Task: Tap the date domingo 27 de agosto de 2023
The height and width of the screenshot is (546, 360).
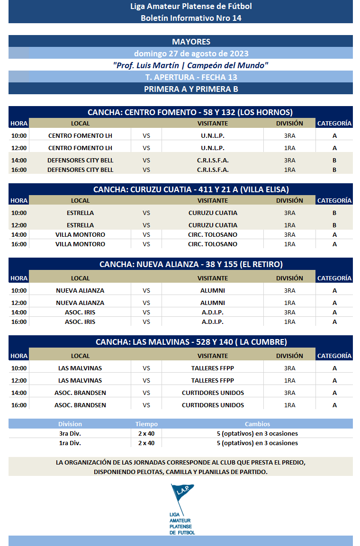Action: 191,54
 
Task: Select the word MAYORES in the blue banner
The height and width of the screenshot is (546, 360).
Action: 191,42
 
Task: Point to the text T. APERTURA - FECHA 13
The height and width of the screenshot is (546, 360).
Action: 191,77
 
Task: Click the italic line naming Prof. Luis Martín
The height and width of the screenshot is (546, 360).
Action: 191,65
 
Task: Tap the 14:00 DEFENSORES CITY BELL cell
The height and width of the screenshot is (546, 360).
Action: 80,160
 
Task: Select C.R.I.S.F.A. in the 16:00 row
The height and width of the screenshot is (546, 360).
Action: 213,170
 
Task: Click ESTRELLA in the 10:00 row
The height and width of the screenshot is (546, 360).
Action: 80,213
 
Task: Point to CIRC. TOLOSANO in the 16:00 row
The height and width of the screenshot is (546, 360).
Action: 213,244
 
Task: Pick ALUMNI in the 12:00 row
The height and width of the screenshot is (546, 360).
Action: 213,303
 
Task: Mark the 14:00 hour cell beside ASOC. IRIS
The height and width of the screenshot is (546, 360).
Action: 19,312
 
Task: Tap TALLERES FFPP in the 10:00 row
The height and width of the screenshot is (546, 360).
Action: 213,368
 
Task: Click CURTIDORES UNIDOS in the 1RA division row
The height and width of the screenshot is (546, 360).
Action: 213,405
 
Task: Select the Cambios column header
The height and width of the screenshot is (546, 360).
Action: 257,424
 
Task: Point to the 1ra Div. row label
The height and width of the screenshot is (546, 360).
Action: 70,443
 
